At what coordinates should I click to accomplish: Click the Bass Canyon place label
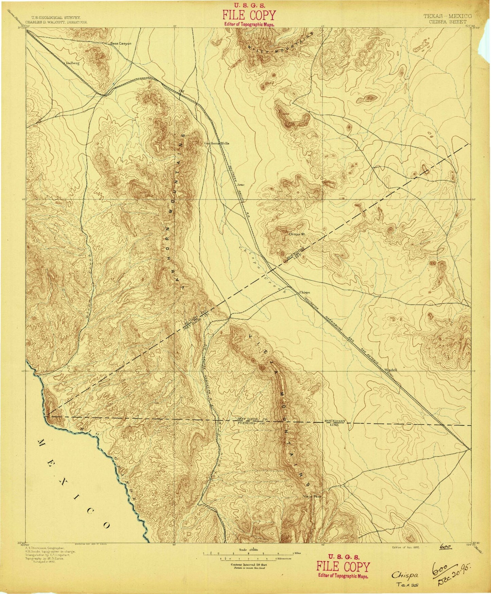pos(121,44)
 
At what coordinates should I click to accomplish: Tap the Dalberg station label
pos(72,63)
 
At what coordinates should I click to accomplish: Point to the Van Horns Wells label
pos(216,143)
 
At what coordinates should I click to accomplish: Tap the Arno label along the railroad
pos(241,185)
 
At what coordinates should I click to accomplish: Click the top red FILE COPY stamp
pos(249,16)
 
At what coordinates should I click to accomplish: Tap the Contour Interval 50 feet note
pos(247,564)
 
